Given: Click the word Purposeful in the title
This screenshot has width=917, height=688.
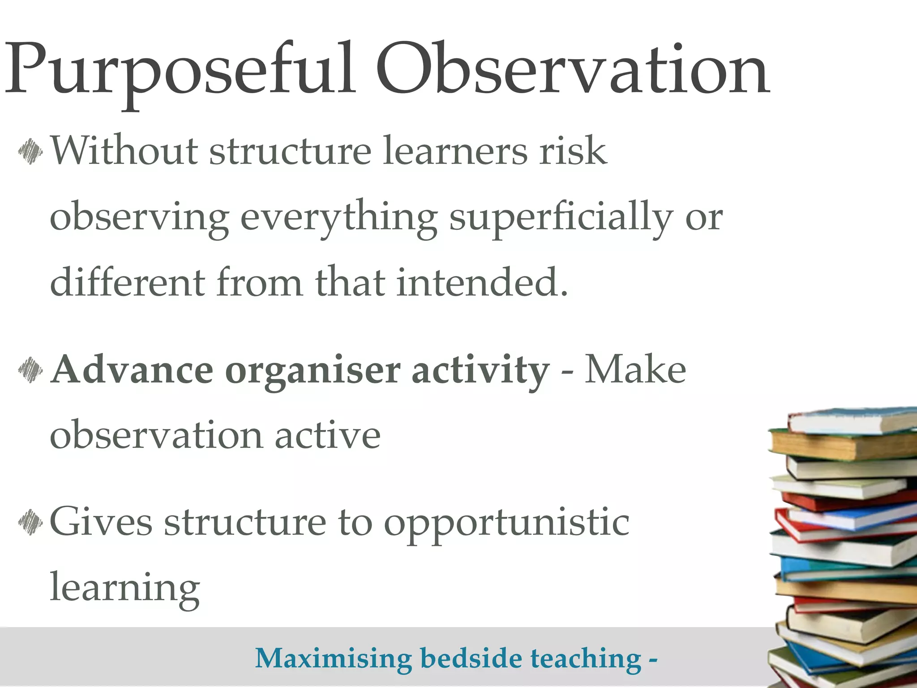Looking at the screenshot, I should tap(179, 72).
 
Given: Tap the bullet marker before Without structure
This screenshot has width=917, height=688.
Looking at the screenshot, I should tap(30, 152).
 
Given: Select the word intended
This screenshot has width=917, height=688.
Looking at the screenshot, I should tap(482, 282).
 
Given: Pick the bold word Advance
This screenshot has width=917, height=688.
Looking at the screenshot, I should tap(132, 370).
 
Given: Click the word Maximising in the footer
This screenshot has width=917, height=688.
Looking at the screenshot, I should tap(333, 659).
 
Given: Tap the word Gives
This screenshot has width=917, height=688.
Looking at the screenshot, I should tap(101, 521).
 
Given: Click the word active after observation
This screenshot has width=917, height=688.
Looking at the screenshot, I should tap(327, 436).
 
